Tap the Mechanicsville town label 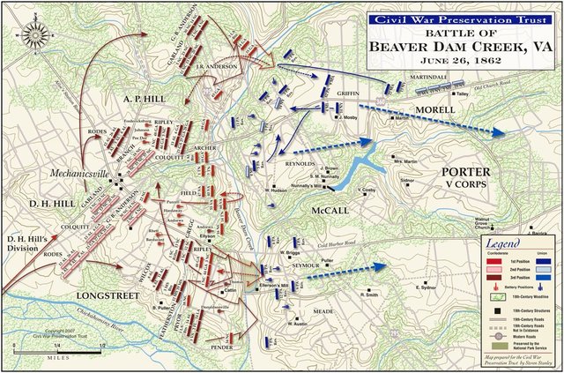[79, 174]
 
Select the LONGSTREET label [103, 295]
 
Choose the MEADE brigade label [322, 310]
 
